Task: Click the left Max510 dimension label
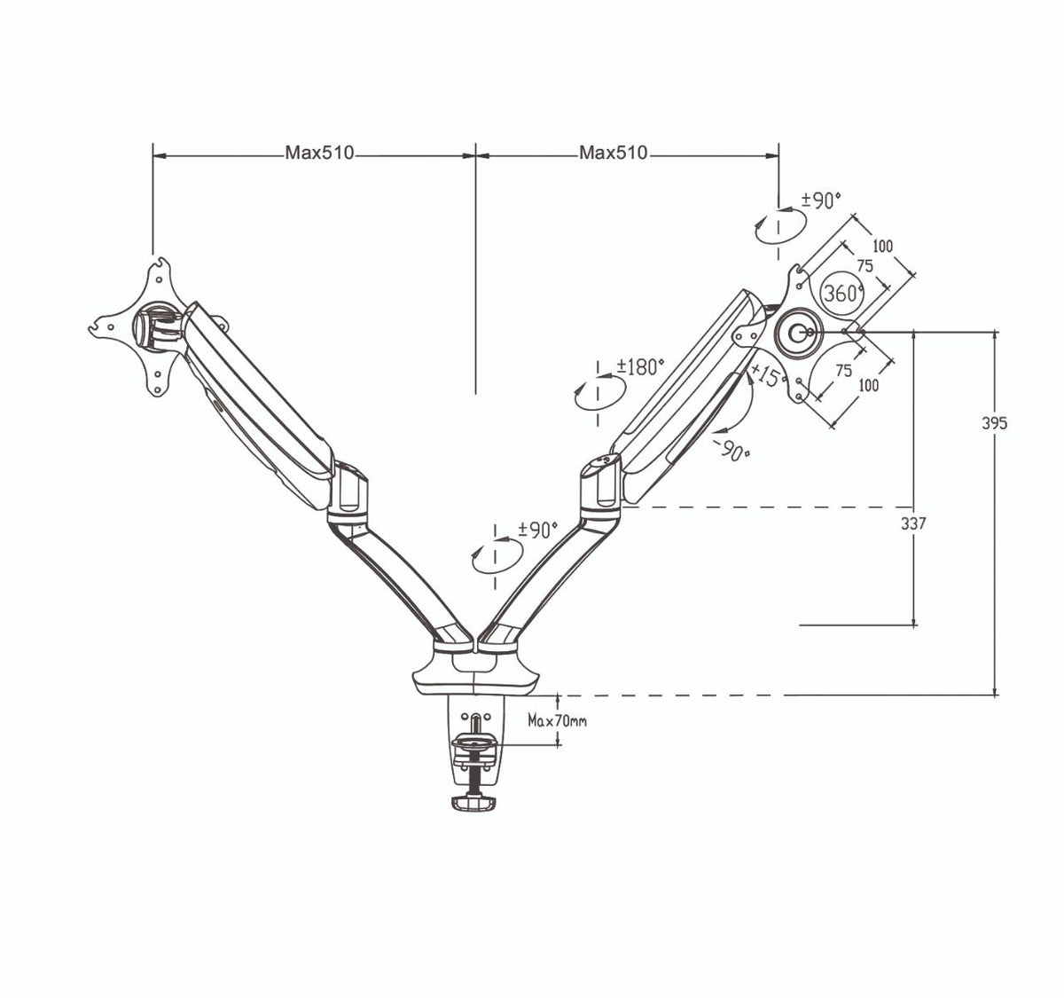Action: (x=319, y=153)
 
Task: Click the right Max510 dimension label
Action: (x=614, y=153)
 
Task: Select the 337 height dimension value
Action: (x=913, y=523)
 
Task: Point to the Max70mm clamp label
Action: (x=557, y=720)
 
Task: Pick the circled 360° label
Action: (x=842, y=293)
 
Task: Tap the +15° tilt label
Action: (x=768, y=376)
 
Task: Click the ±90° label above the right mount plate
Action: (x=820, y=201)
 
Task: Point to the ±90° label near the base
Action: (x=537, y=530)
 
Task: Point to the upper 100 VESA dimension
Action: (x=881, y=246)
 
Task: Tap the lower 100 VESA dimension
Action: (x=868, y=385)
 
